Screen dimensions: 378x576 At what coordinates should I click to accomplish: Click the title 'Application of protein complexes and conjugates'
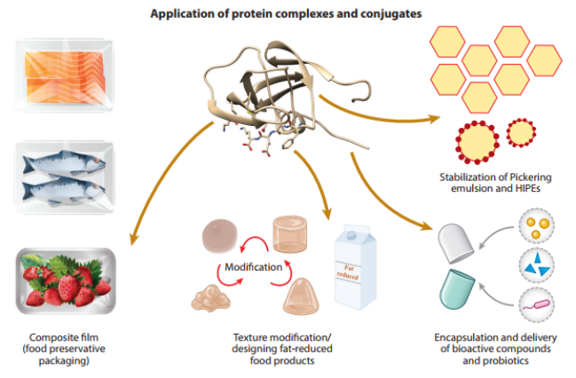(287, 14)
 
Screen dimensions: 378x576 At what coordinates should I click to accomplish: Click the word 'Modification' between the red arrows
(254, 265)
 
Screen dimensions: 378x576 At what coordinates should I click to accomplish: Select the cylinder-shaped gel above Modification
(296, 233)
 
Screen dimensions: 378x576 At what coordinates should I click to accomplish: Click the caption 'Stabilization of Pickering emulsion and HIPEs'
(492, 180)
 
